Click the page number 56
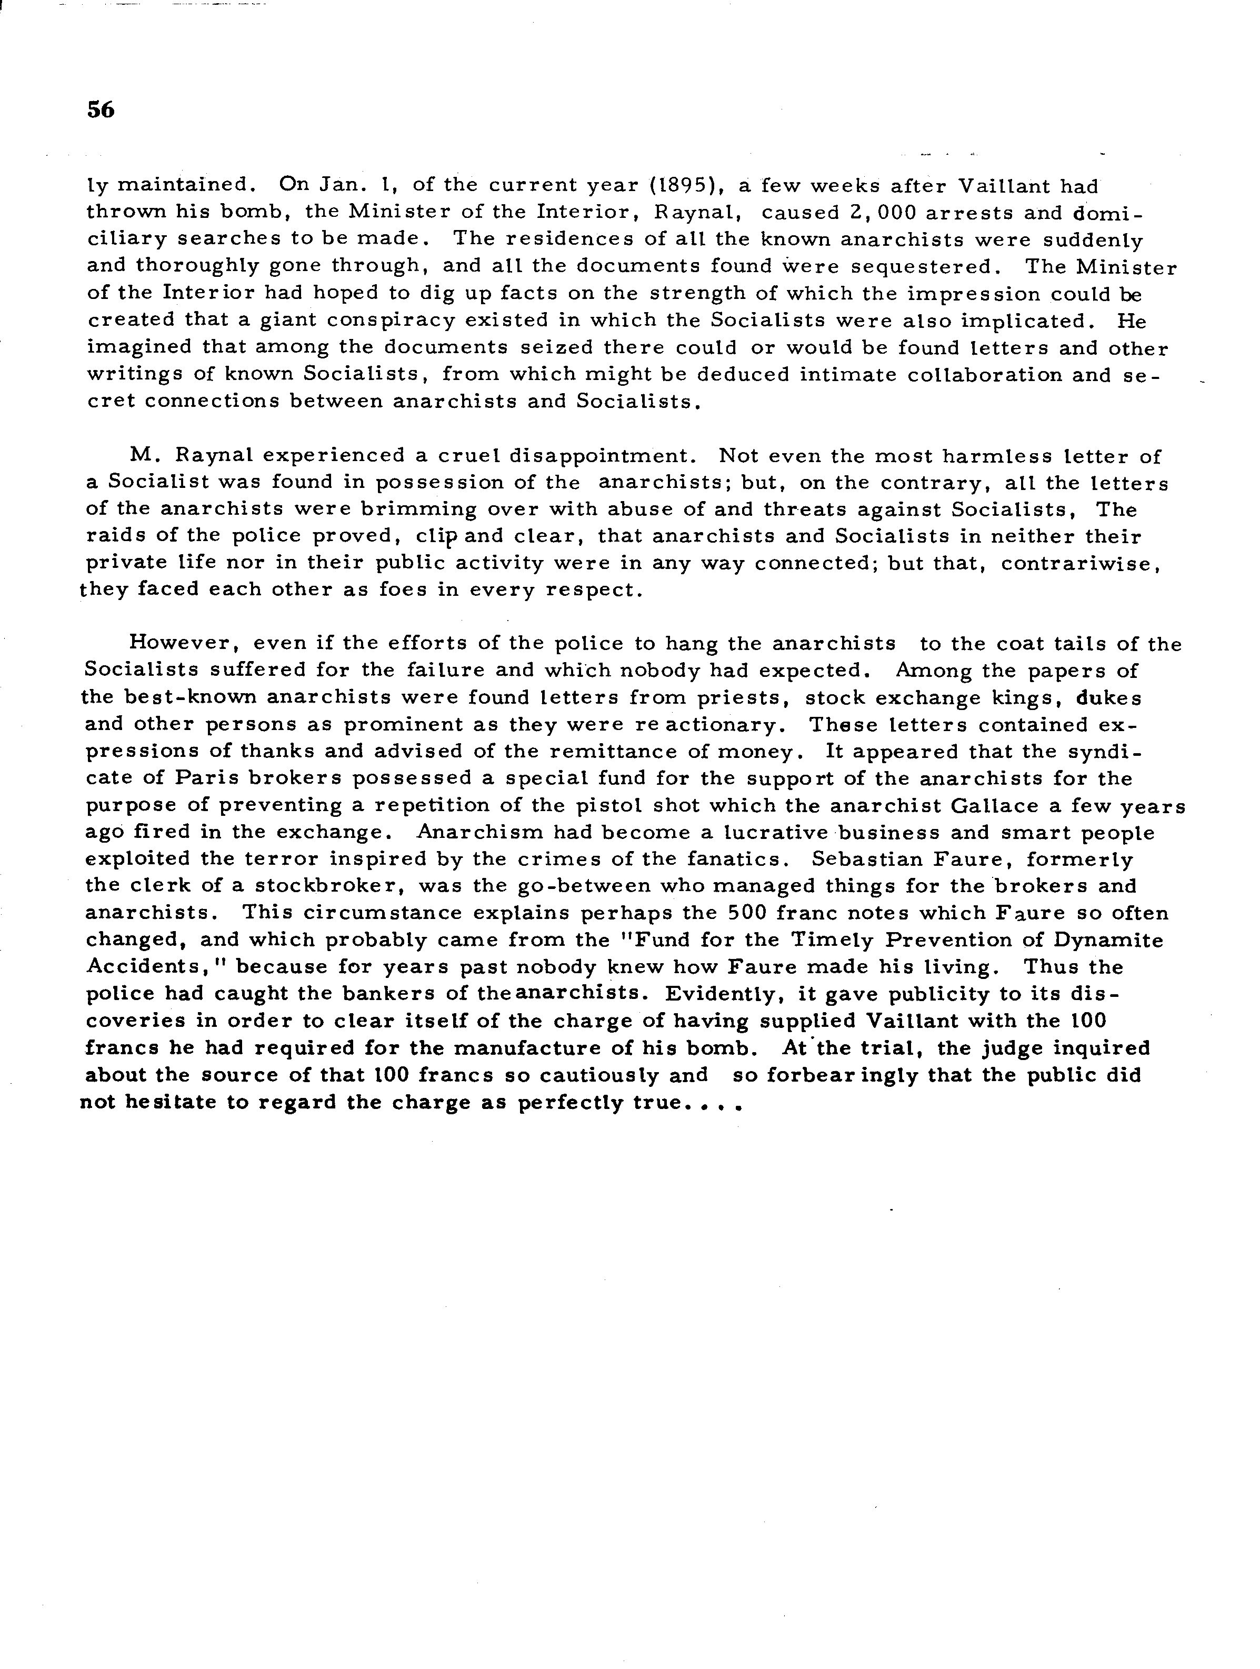[101, 110]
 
